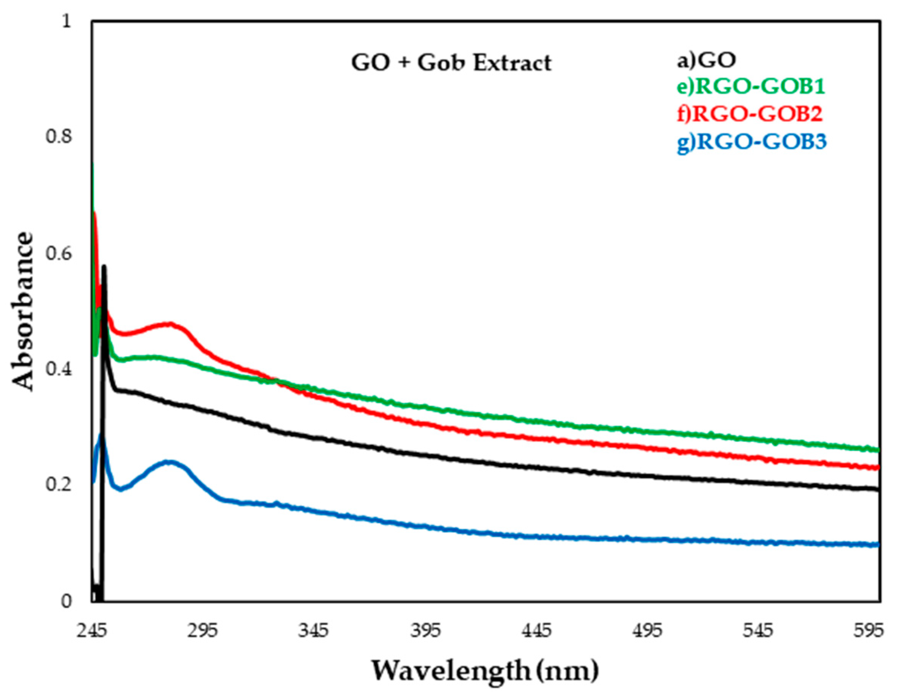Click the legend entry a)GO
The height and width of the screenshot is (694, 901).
pyautogui.click(x=706, y=60)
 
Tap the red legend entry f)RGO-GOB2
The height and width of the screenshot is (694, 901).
pyautogui.click(x=750, y=114)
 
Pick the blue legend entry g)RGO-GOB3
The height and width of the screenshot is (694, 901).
pyautogui.click(x=752, y=142)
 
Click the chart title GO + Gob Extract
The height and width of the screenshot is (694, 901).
pyautogui.click(x=451, y=64)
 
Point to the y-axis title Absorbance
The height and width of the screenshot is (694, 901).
pyautogui.click(x=21, y=311)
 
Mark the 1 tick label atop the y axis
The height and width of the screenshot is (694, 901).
pyautogui.click(x=66, y=21)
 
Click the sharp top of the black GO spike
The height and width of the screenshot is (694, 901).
pyautogui.click(x=104, y=267)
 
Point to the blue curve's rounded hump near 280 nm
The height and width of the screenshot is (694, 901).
pyautogui.click(x=170, y=462)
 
